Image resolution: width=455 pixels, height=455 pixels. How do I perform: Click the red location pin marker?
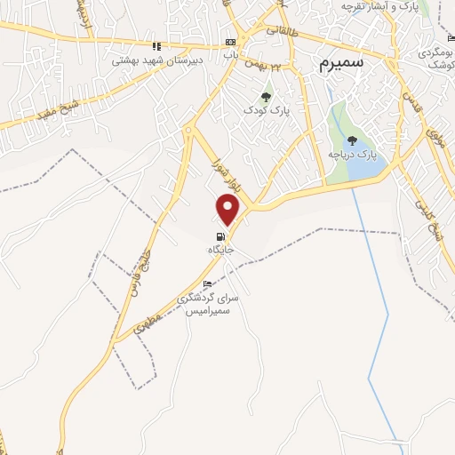tap(228, 209)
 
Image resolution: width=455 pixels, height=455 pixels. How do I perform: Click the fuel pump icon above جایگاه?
tap(220, 236)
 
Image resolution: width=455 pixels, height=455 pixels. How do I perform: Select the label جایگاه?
tap(220, 251)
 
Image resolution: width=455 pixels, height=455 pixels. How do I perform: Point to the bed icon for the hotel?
tap(208, 283)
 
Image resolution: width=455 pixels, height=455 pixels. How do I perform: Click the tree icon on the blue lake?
tap(353, 140)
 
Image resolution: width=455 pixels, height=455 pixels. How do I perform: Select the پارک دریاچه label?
tap(353, 154)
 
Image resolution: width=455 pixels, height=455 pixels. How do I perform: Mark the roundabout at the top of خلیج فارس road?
tap(188, 132)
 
